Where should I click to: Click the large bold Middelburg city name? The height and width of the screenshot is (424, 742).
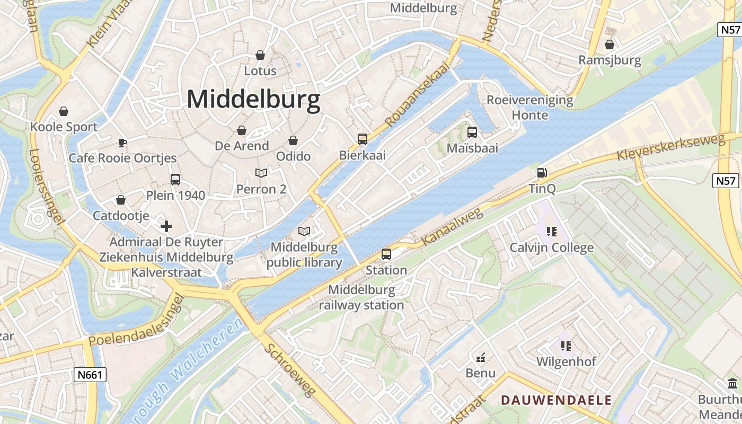click(x=253, y=100)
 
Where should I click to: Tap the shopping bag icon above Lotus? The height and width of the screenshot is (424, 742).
click(x=260, y=55)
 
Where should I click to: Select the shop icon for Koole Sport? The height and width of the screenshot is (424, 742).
click(x=64, y=111)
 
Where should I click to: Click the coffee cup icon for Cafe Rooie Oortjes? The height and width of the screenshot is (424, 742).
click(x=122, y=143)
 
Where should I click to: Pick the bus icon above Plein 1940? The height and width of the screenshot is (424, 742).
click(x=175, y=180)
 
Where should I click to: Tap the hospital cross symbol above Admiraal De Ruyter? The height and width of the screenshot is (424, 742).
click(x=166, y=227)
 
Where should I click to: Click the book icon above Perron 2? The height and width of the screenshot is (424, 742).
click(x=261, y=173)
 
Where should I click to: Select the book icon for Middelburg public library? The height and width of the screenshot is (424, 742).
click(x=304, y=231)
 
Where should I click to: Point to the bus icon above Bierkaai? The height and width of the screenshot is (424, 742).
click(x=363, y=139)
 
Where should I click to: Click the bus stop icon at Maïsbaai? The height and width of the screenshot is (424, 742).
click(x=472, y=132)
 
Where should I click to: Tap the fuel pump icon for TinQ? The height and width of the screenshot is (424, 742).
click(x=542, y=173)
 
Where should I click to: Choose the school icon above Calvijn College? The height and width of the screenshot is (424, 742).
click(x=552, y=232)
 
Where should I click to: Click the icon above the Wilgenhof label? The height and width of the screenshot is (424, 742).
click(x=566, y=346)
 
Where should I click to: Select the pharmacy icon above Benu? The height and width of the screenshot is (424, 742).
click(x=481, y=358)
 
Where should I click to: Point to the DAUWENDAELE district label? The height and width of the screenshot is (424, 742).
click(x=556, y=400)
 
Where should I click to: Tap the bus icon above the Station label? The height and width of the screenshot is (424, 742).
click(x=386, y=254)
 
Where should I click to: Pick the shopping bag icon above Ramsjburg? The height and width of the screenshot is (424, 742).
click(x=609, y=45)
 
